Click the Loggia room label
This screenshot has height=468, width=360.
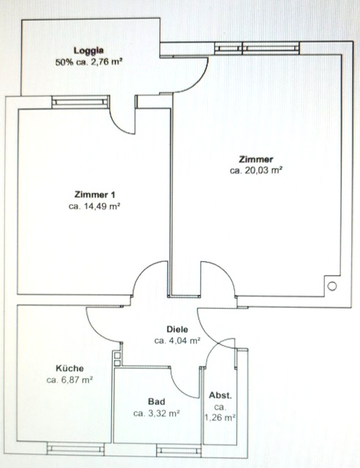coord(89,50)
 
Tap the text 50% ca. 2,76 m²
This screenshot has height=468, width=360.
coord(89,62)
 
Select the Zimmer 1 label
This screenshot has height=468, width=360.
coord(94,195)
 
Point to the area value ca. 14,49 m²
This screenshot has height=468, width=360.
coord(94,206)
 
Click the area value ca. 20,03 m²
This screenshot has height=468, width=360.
coord(256,170)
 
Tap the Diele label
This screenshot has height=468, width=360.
coord(178,329)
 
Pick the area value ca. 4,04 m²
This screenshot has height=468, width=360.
coord(178,341)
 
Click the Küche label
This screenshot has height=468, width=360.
coord(70,369)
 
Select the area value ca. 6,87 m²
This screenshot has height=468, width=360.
coord(70,380)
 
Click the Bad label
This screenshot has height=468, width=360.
coord(157,401)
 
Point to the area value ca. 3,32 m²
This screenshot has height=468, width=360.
coord(157,413)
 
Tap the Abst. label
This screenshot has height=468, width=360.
coord(220,396)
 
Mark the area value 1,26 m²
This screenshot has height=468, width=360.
coord(220,418)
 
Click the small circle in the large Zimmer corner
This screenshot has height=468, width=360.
coord(332,286)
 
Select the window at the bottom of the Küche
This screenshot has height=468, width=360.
coord(76,448)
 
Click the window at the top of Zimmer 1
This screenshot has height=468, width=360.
coord(80,102)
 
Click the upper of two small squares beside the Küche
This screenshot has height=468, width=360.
coord(117,355)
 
